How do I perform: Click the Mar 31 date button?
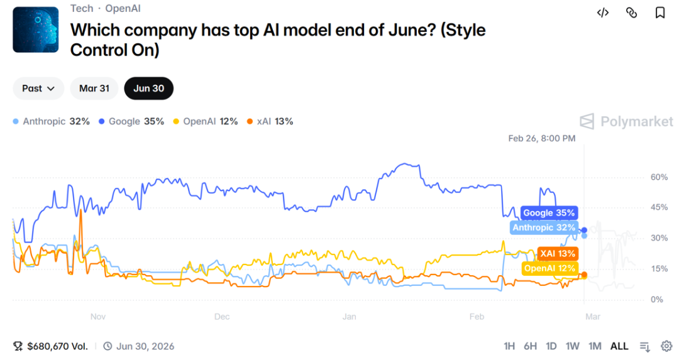click(x=94, y=89)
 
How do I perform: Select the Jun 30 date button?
click(x=148, y=89)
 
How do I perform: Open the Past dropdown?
click(x=38, y=89)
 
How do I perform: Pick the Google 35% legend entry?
click(x=131, y=121)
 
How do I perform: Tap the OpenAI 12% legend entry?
click(x=206, y=121)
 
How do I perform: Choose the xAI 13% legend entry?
click(x=270, y=121)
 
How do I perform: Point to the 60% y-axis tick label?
click(x=659, y=177)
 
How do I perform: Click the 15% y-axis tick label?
click(x=659, y=269)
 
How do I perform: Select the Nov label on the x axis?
click(x=97, y=317)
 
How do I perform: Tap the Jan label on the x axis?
click(x=350, y=317)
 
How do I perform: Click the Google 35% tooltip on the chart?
click(x=548, y=213)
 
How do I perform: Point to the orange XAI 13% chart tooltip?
click(x=557, y=254)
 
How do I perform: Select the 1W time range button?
click(x=572, y=346)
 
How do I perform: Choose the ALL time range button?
click(x=619, y=346)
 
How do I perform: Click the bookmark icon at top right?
click(x=660, y=13)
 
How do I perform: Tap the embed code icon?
click(x=602, y=13)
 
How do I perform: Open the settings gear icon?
click(x=666, y=346)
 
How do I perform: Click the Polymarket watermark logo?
click(x=626, y=121)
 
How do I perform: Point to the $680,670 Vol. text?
click(x=57, y=346)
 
